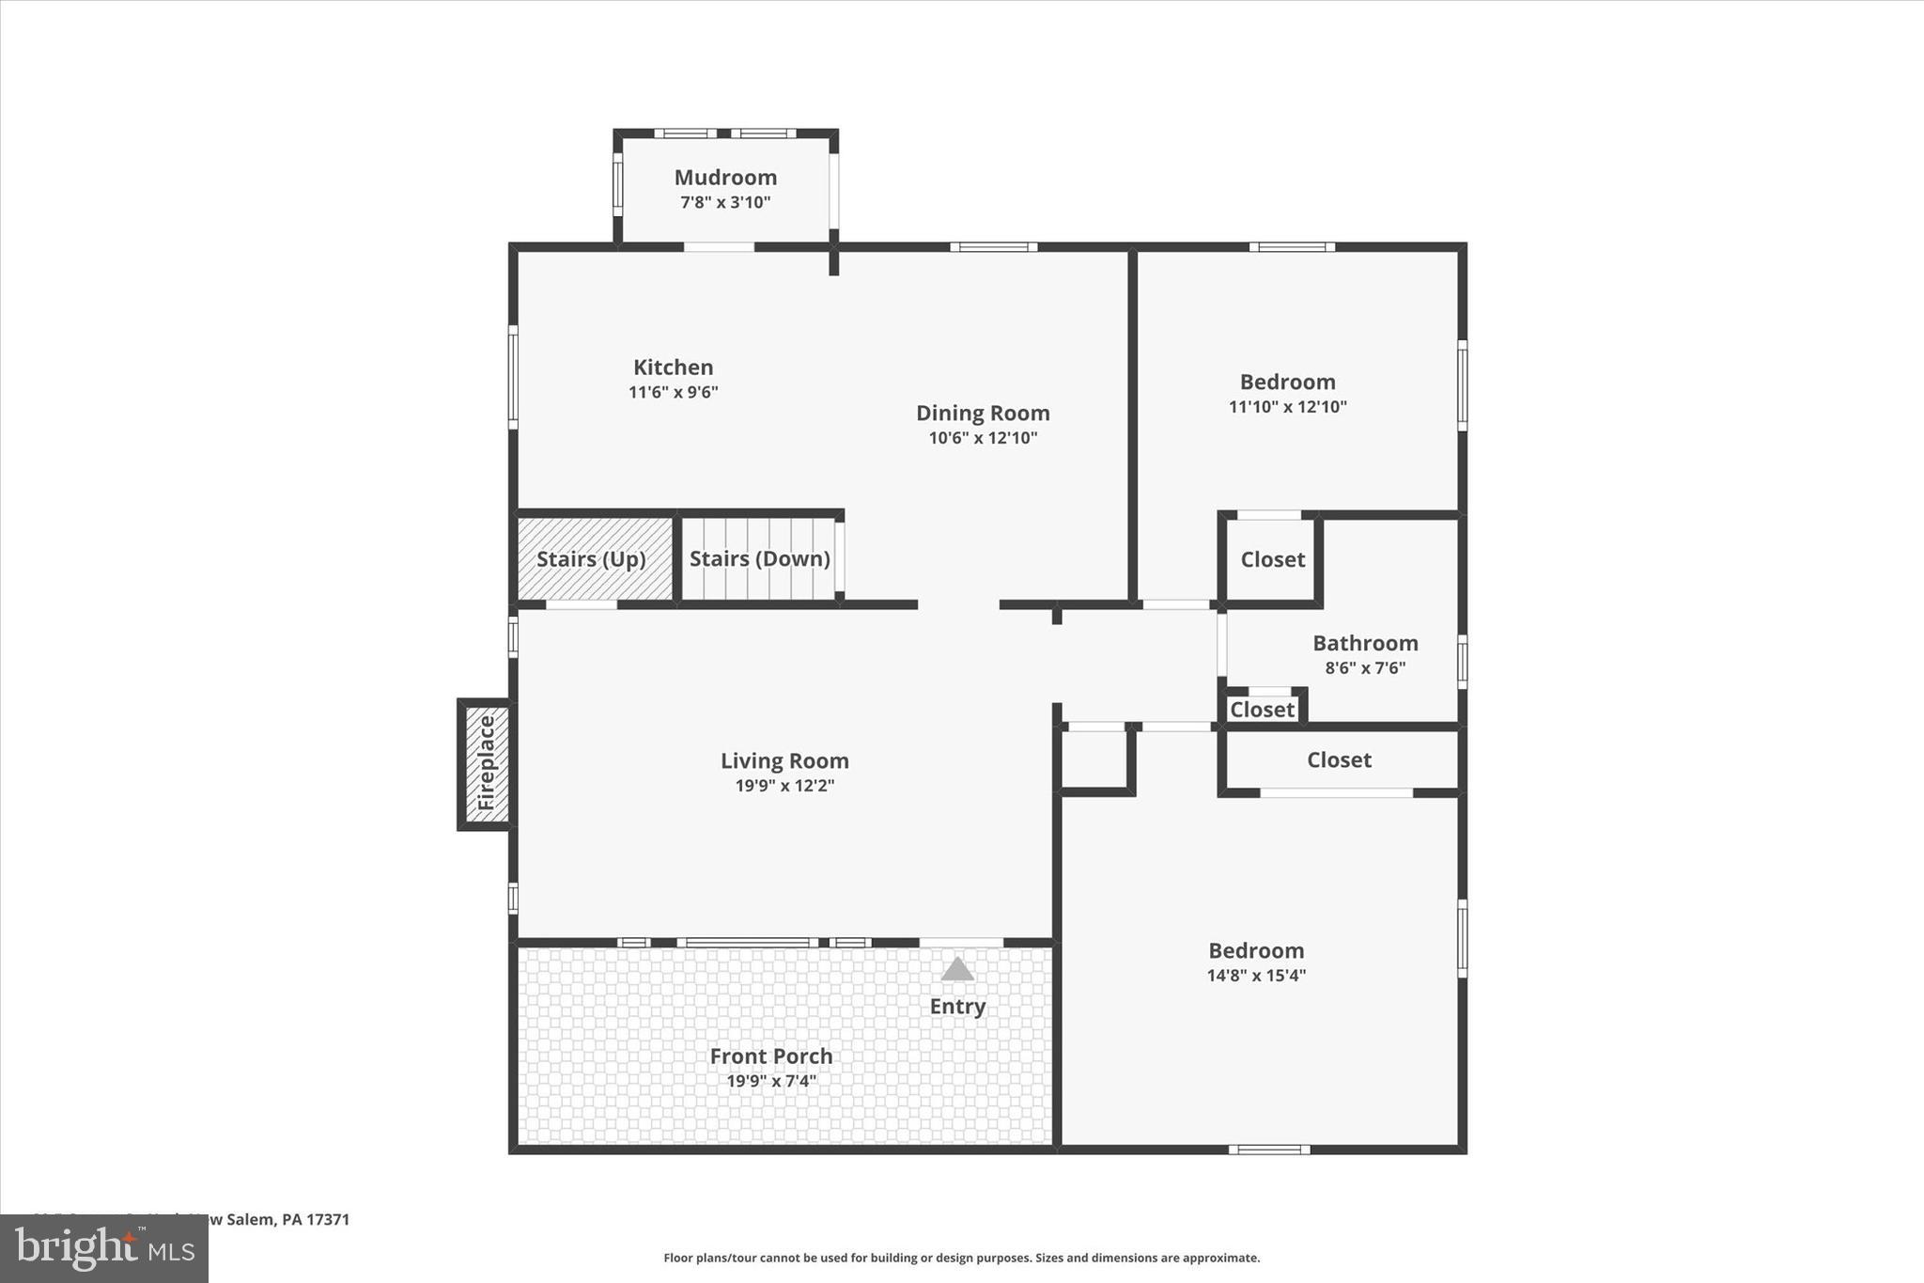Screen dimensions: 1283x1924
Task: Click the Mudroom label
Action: (x=725, y=178)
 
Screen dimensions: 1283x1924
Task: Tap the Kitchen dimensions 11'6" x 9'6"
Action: (x=673, y=392)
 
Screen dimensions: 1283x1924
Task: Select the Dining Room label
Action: (x=983, y=413)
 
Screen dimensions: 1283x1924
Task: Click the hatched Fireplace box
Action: (x=487, y=763)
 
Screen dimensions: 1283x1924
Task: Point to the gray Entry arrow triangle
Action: (x=957, y=970)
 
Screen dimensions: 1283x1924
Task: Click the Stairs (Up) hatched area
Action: (x=592, y=559)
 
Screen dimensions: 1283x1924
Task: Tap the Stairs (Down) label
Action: (x=759, y=559)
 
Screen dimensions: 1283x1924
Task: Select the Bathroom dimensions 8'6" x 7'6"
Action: (x=1365, y=668)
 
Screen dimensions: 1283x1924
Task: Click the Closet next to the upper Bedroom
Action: (x=1272, y=560)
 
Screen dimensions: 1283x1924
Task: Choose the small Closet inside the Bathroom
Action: (x=1262, y=710)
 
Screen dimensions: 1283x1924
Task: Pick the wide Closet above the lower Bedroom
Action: (x=1339, y=760)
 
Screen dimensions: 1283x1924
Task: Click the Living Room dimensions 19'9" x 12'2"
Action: (x=784, y=786)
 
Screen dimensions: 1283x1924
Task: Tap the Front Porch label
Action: (x=770, y=1056)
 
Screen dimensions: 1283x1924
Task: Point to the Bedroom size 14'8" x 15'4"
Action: (x=1256, y=976)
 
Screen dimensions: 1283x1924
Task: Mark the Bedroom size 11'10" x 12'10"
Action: (x=1287, y=407)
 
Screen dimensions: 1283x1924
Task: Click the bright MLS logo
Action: (x=104, y=1248)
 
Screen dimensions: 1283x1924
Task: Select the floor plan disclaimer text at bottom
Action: (x=961, y=1258)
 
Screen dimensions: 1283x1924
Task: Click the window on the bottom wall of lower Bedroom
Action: (x=1268, y=1150)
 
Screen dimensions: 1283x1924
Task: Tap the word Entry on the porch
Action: (x=957, y=1007)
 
